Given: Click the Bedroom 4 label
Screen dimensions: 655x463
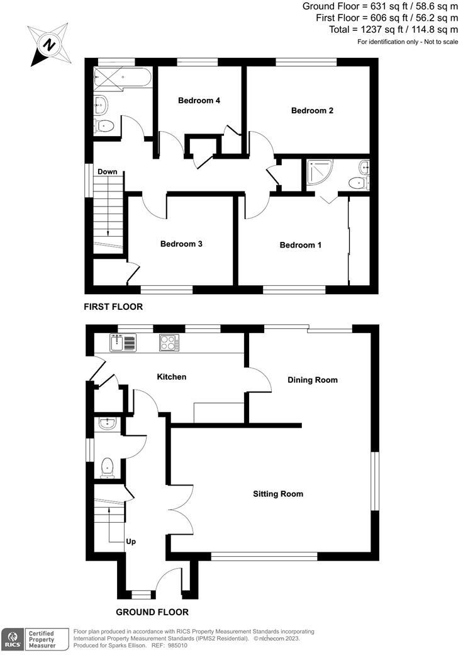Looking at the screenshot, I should tap(199, 101).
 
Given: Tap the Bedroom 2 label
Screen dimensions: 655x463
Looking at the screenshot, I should tap(312, 111).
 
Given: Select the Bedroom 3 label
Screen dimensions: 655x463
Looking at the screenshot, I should tap(181, 244).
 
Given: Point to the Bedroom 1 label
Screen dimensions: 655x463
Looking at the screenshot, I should tap(301, 245).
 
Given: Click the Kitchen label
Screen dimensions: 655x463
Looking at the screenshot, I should tap(172, 377).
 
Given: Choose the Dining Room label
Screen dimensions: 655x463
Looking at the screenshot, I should tap(313, 380).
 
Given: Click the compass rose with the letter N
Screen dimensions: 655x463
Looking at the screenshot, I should tap(48, 44).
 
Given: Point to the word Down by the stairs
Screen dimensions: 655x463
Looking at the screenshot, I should tap(107, 172).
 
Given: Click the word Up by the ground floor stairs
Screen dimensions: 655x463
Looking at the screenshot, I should tap(131, 541).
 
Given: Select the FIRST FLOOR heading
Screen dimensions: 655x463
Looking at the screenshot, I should tap(113, 307).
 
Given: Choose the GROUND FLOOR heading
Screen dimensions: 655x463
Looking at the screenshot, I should tap(152, 612).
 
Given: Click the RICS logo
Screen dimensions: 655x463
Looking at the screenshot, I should tap(12, 639).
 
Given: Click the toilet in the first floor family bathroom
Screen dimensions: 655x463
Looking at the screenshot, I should tap(106, 125).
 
